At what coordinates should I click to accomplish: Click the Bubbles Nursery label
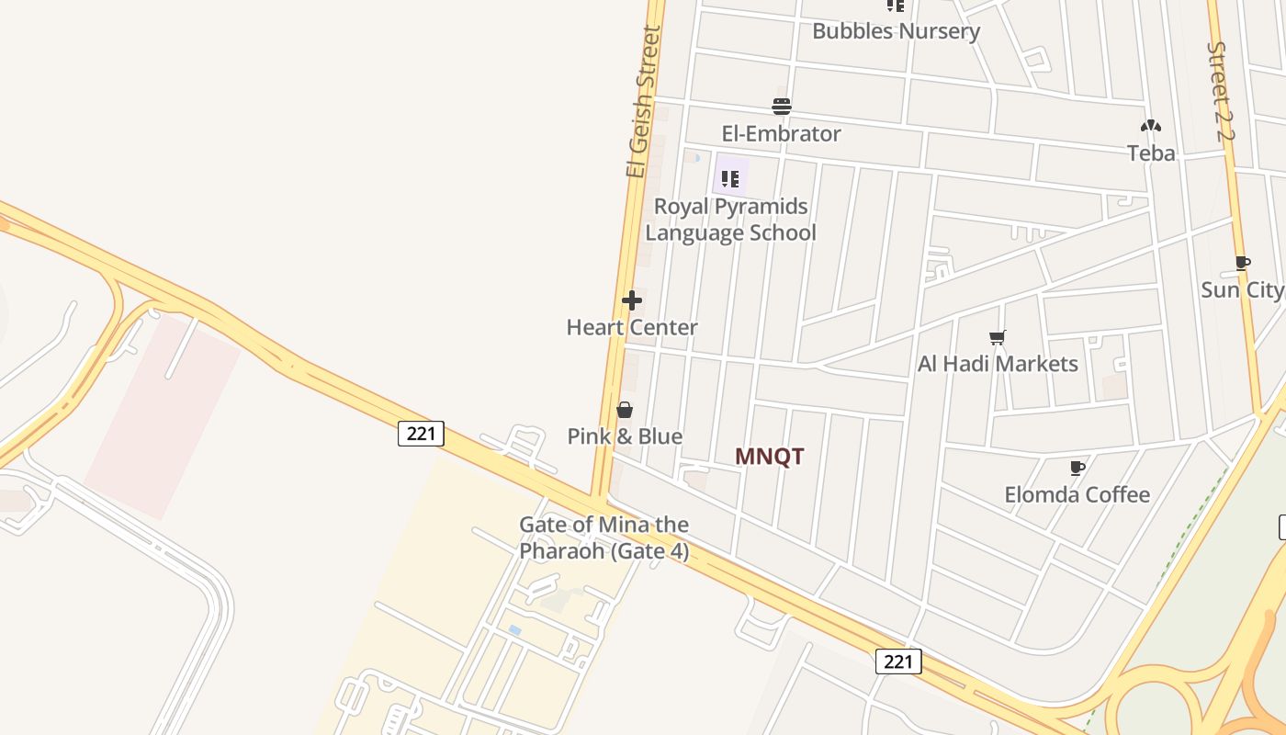click(896, 31)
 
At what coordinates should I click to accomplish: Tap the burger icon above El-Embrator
click(782, 107)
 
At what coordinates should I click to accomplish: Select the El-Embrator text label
click(781, 134)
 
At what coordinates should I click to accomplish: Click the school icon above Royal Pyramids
click(730, 178)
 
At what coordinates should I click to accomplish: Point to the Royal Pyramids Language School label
click(730, 220)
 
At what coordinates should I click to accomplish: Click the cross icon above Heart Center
click(632, 300)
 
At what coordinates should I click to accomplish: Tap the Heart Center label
click(632, 328)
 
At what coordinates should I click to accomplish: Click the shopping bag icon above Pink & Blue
click(625, 410)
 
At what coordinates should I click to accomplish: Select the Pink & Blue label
click(625, 436)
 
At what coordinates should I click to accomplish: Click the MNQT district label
click(770, 457)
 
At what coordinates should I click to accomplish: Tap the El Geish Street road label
click(643, 101)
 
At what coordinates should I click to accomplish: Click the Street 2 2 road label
click(1222, 92)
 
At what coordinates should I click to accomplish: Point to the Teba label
click(1151, 153)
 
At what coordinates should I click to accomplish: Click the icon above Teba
click(1151, 126)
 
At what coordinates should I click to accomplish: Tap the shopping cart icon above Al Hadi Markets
click(998, 337)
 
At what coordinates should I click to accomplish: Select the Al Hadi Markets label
click(998, 365)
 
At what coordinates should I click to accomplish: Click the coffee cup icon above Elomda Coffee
click(1077, 469)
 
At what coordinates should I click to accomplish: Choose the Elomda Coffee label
click(1077, 495)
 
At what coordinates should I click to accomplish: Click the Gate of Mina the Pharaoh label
click(604, 537)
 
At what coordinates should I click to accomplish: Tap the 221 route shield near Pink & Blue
click(421, 434)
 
